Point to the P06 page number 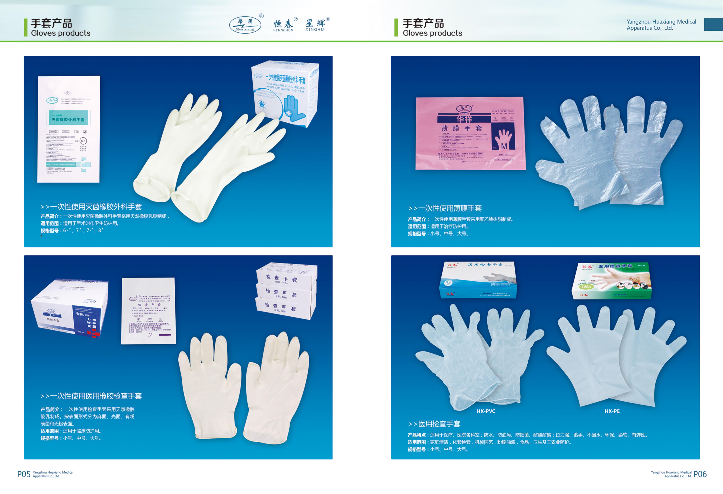pos(700,474)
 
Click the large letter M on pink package pos(504,146)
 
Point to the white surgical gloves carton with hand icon pos(285,93)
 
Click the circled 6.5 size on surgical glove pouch pos(83,141)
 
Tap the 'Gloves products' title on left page pos(61,33)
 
